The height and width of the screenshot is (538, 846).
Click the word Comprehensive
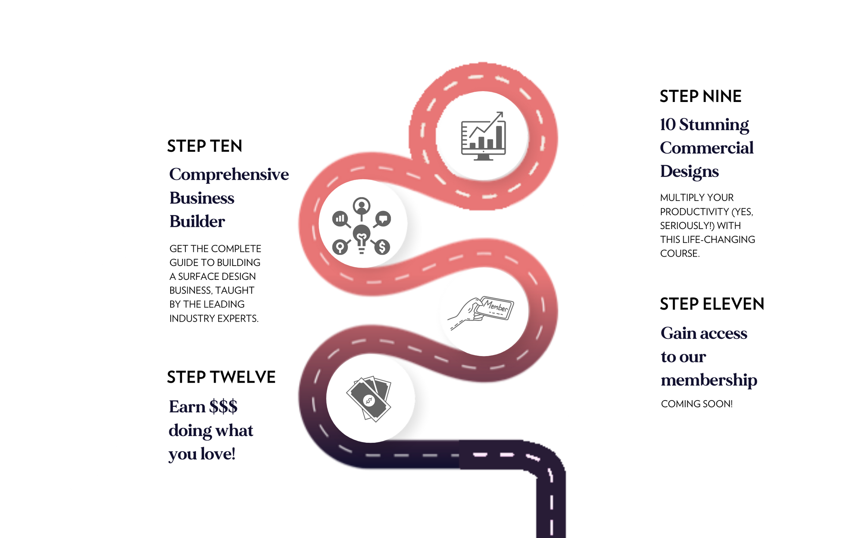[x=229, y=175]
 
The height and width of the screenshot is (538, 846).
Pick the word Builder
[x=197, y=222]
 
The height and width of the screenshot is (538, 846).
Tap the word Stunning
[x=714, y=125]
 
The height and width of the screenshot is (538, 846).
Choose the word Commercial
[x=706, y=148]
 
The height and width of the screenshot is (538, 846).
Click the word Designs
[x=689, y=171]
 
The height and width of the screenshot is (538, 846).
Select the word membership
[x=709, y=380]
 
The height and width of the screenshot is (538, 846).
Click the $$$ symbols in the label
[x=223, y=406]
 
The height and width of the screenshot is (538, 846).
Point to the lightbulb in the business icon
[x=361, y=238]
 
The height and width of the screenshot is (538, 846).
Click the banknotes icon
[x=369, y=399]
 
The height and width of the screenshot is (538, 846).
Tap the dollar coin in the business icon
[x=382, y=247]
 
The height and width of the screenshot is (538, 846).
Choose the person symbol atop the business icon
[x=361, y=206]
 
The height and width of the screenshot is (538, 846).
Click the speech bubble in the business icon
[x=383, y=218]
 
